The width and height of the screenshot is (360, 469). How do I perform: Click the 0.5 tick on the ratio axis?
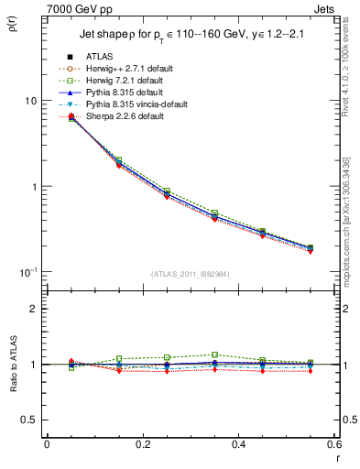point(29,420)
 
